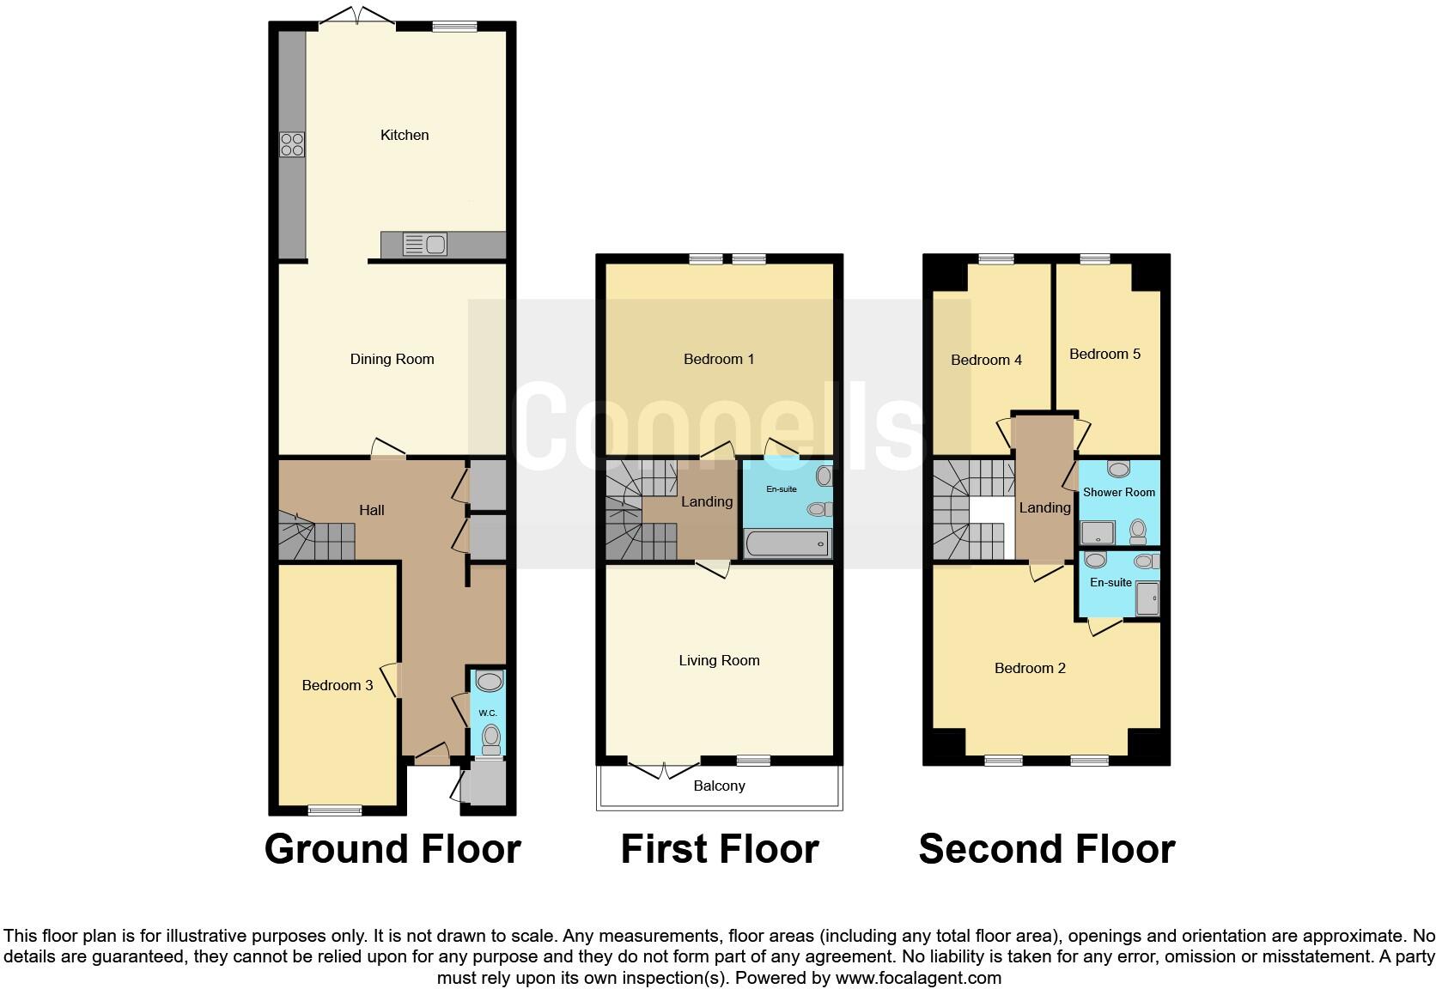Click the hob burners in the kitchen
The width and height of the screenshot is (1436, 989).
[292, 144]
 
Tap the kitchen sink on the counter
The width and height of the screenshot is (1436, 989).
[424, 245]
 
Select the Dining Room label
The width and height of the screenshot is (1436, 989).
[392, 360]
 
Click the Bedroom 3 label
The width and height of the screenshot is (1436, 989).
[337, 685]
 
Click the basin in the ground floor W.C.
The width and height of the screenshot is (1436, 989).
[489, 683]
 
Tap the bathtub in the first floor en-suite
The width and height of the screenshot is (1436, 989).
[787, 543]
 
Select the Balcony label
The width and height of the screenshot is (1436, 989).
[719, 786]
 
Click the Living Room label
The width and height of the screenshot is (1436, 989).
[719, 661]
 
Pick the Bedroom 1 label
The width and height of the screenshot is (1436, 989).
[719, 360]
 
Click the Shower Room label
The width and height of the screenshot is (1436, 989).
[1118, 493]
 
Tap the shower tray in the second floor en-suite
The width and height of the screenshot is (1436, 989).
[1147, 598]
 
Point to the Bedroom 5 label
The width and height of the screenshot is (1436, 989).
[1104, 355]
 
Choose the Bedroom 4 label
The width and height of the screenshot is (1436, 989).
[986, 361]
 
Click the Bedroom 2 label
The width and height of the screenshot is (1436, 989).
[1030, 669]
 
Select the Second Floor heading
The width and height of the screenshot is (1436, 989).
[1046, 849]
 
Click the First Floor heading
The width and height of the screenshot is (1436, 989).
[719, 849]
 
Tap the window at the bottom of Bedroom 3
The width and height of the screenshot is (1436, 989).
[335, 809]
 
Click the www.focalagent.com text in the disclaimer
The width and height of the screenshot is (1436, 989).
[917, 978]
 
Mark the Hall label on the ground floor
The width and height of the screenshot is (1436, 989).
[371, 511]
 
